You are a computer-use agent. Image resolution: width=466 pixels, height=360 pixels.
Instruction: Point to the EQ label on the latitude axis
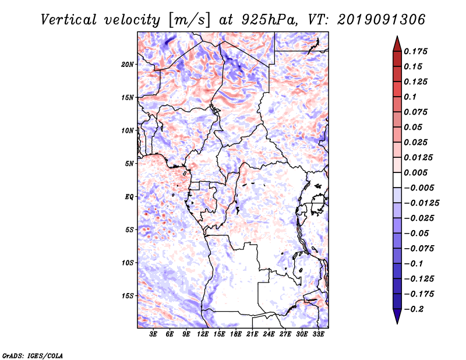pyautogui.click(x=129, y=196)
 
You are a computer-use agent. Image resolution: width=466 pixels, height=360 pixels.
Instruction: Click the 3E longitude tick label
pyautogui.click(x=154, y=334)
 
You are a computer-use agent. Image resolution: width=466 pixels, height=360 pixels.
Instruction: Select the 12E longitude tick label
pyautogui.click(x=203, y=334)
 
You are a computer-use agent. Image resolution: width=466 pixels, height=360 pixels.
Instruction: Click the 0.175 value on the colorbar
pyautogui.click(x=416, y=51)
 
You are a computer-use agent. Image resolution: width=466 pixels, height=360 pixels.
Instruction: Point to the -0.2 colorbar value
pyautogui.click(x=415, y=309)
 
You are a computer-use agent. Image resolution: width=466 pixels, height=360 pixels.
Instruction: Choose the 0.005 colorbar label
pyautogui.click(x=416, y=172)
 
